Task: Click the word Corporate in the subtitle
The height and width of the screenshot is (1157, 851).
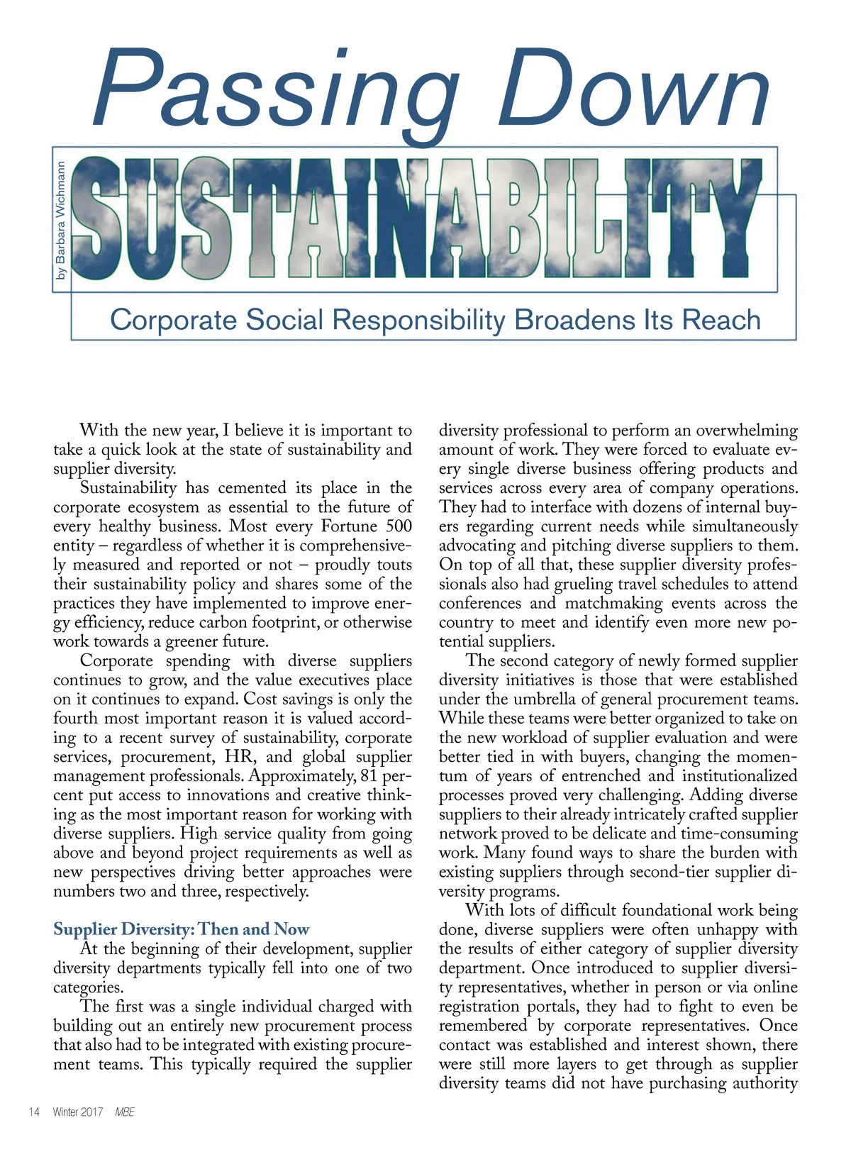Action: pos(173,320)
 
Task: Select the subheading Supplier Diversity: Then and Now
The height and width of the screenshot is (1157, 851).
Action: pos(182,929)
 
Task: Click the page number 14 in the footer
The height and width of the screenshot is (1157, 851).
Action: pos(33,1112)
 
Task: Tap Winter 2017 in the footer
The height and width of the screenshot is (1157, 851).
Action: pos(78,1112)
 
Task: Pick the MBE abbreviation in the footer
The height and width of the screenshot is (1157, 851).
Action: pos(125,1112)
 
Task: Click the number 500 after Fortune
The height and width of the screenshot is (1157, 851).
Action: pos(399,526)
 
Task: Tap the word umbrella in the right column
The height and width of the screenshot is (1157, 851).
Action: pos(551,699)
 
